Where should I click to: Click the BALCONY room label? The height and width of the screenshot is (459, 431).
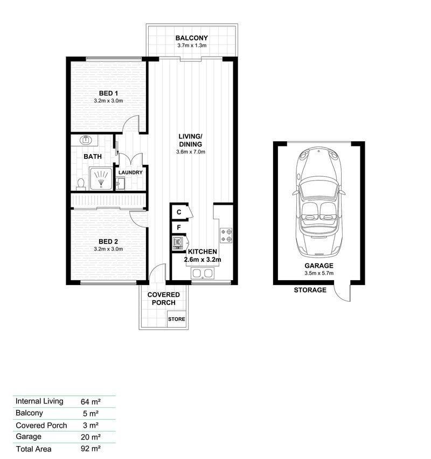tap(191, 38)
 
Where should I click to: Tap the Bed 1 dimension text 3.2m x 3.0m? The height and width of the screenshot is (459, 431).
tap(108, 101)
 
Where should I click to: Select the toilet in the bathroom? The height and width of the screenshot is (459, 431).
tap(80, 184)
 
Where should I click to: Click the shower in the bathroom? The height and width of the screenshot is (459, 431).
tap(101, 178)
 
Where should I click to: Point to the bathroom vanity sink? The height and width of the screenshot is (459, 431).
tap(86, 140)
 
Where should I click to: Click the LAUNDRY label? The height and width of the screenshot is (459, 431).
tap(130, 172)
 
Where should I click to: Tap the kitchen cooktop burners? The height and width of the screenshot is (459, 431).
tap(226, 235)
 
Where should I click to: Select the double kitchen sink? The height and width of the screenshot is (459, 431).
tap(203, 273)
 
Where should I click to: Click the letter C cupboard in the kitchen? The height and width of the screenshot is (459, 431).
tap(179, 212)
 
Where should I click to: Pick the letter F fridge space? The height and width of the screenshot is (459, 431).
tap(179, 227)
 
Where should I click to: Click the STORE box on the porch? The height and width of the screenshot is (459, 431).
tap(177, 319)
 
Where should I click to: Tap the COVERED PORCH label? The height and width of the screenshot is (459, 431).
tap(164, 298)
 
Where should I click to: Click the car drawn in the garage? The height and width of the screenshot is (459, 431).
tap(318, 202)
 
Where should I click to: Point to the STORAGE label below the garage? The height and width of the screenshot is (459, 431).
tap(310, 290)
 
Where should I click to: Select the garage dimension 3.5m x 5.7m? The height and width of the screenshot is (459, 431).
tap(319, 273)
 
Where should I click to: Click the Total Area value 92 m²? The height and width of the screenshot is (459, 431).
tap(91, 448)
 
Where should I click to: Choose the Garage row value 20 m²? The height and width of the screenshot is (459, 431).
tap(91, 437)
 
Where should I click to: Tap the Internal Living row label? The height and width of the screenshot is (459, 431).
tap(39, 401)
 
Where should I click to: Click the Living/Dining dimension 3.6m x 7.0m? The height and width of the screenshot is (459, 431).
tap(191, 152)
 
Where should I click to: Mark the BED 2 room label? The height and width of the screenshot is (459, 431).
tap(108, 241)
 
